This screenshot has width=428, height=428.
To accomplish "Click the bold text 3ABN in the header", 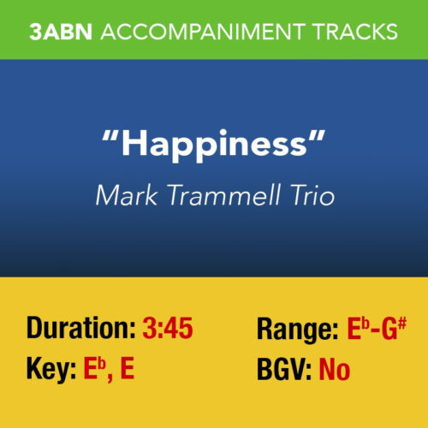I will click(62, 32).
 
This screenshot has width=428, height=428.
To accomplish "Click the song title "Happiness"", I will click(213, 144).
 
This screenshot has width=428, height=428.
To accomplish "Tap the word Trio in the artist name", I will click(309, 195).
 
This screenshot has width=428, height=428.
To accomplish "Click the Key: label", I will click(51, 371).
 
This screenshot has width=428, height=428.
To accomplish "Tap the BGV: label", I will click(284, 371).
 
